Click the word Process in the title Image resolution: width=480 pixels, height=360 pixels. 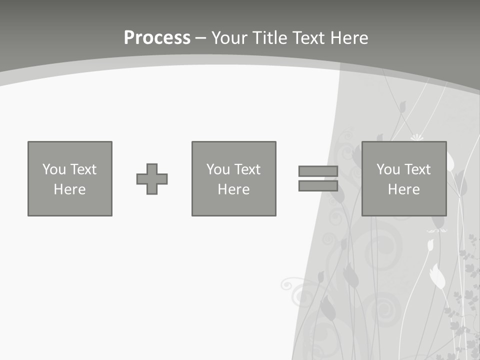pos(157,38)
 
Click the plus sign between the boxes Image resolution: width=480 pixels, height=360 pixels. pos(152,179)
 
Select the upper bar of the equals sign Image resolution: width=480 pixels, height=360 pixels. pos(318,171)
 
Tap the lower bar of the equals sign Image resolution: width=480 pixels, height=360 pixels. pos(318,186)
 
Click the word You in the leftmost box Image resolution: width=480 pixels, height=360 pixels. pos(54,169)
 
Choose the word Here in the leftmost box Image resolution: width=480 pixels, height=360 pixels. pos(69,189)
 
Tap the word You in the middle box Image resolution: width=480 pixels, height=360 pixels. pos(218,169)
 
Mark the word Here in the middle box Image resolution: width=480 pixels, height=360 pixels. pos(233,189)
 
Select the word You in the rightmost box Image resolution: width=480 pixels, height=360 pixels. pos(388,169)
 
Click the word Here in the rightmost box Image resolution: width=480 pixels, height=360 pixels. pos(403,189)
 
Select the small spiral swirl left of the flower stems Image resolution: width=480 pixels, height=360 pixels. pos(286,285)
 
